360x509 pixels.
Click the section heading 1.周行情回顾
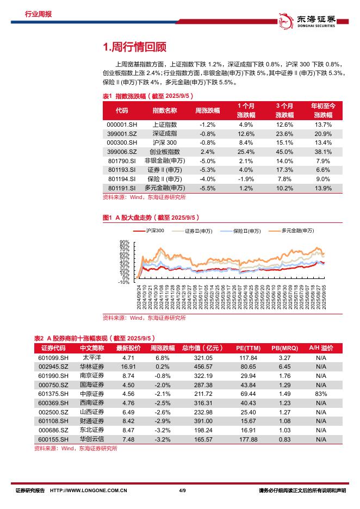[134, 47]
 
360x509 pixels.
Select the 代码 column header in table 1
[122, 110]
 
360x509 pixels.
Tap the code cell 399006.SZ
[122, 151]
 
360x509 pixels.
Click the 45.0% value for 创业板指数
[284, 151]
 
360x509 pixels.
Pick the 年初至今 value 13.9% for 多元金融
[323, 188]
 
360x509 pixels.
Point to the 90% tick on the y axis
[124, 242]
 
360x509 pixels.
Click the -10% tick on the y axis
[123, 282]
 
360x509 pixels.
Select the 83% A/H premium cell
[321, 393]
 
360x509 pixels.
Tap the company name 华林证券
[92, 367]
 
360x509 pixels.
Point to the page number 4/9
[182, 491]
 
